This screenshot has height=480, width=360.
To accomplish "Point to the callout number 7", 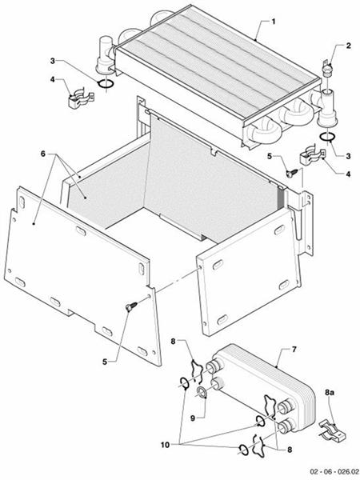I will (295, 350).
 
